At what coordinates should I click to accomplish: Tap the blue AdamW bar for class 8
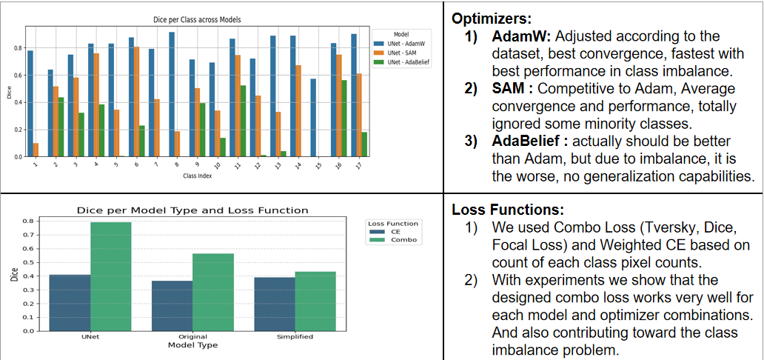click(172, 94)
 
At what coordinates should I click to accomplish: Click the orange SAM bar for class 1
click(36, 150)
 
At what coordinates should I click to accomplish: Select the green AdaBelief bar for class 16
click(344, 118)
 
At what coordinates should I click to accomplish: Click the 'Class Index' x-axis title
click(198, 176)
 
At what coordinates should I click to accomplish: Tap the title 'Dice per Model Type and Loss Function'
click(192, 210)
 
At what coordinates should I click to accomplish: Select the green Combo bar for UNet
click(112, 276)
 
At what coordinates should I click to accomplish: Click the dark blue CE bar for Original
click(172, 305)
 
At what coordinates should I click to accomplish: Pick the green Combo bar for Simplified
click(315, 301)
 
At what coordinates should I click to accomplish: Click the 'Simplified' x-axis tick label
click(295, 336)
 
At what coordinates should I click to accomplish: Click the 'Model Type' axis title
click(192, 344)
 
